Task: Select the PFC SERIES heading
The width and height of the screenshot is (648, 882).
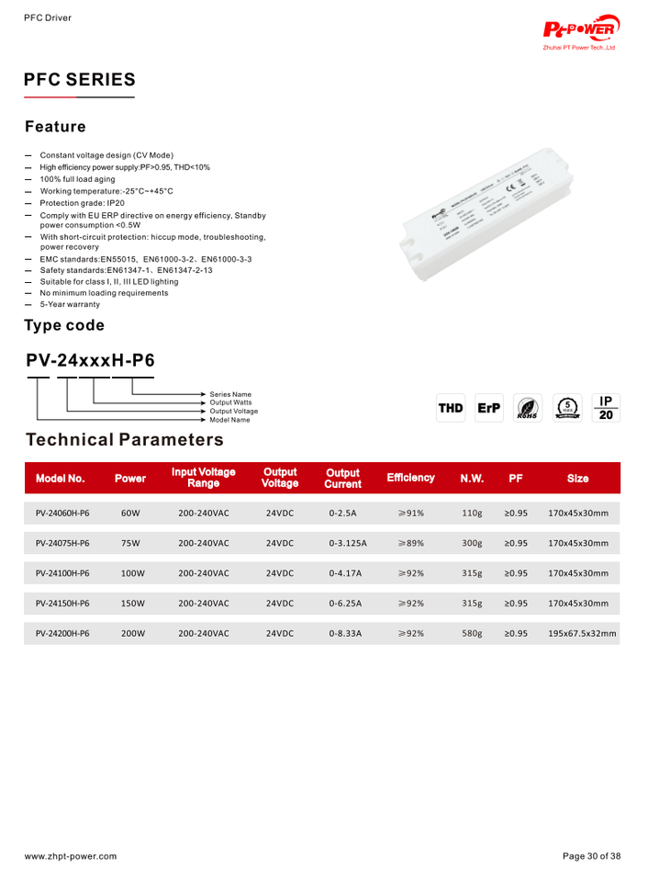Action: point(80,80)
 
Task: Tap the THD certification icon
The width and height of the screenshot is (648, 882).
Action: point(451,408)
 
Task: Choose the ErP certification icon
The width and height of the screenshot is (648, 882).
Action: point(489,408)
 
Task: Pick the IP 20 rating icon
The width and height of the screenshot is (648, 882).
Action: point(606,408)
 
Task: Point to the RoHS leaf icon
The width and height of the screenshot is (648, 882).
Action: point(528,409)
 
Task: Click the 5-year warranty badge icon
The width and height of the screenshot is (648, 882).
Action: point(569,408)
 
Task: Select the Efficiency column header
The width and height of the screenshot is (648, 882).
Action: point(410,478)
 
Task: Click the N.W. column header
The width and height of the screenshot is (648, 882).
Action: point(472,478)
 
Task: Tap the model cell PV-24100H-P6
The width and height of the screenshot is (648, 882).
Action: point(62,573)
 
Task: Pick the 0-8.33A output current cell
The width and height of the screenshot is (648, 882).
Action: point(345,634)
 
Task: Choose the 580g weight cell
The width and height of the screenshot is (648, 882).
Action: point(472,634)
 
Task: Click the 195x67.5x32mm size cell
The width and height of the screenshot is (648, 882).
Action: point(582,634)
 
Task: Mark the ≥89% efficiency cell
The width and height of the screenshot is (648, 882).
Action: point(410,543)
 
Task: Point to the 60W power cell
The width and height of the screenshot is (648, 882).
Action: point(130,513)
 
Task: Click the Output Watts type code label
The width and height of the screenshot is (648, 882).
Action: point(230,402)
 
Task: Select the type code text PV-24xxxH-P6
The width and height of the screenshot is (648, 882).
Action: point(91,361)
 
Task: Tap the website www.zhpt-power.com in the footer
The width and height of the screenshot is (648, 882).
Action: point(71,856)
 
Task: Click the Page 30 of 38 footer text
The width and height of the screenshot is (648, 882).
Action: point(591,856)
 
